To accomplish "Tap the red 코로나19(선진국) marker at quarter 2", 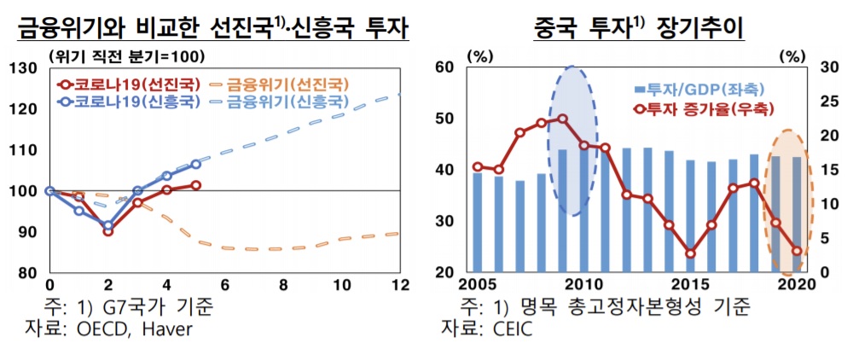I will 108,231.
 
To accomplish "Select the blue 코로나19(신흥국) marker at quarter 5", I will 195,164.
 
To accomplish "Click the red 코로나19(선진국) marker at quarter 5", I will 195,185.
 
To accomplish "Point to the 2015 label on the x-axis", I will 690,285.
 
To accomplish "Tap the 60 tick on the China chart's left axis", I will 447,67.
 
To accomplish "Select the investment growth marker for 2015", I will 690,253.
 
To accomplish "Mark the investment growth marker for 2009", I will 562,119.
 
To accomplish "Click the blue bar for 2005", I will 477,223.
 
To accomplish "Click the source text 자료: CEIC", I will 486,328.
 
